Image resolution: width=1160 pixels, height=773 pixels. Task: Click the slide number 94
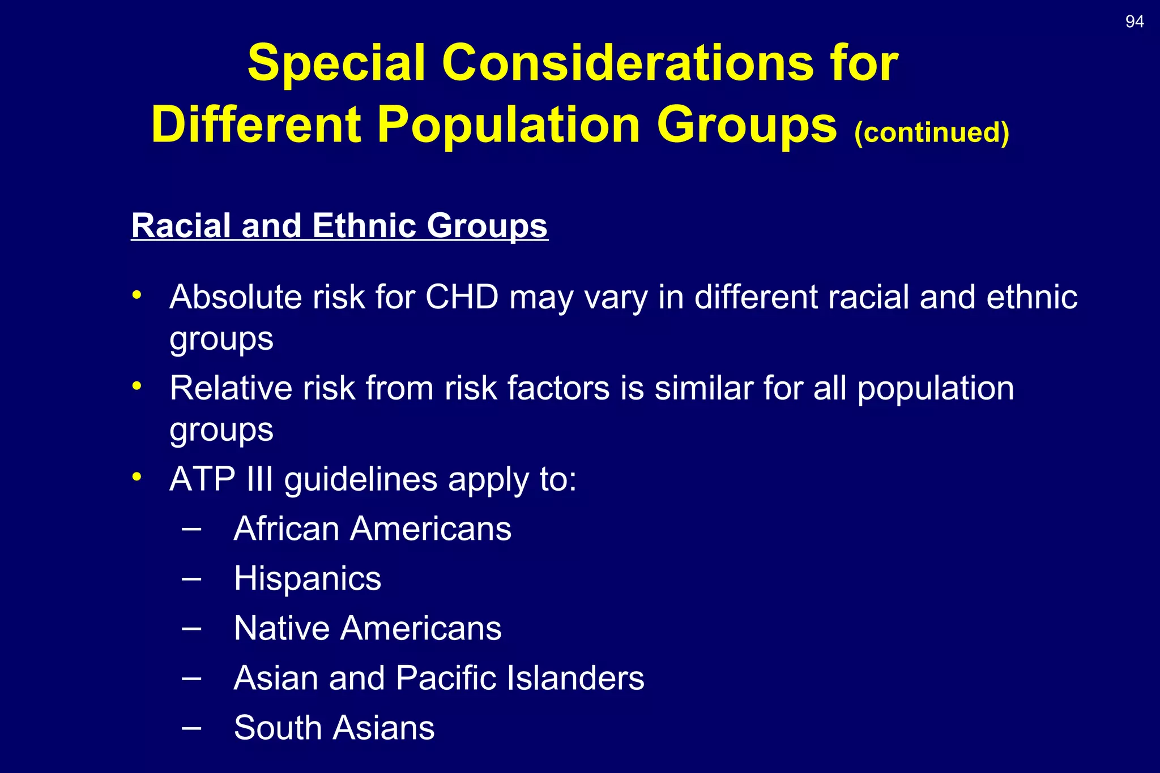point(1134,22)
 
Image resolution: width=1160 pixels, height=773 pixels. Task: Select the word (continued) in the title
point(931,132)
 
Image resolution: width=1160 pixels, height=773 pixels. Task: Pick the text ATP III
point(221,479)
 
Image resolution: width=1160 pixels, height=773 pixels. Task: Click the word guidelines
point(360,479)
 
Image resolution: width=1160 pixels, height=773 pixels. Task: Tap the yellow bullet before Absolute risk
point(137,295)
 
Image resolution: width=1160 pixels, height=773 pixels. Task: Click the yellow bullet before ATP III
point(137,477)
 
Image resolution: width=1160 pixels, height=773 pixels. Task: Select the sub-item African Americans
point(372,529)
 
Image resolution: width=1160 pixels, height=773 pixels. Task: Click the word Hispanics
point(308,578)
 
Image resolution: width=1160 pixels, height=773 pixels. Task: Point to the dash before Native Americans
point(191,628)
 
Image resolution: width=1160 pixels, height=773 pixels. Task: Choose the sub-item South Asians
point(334,728)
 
